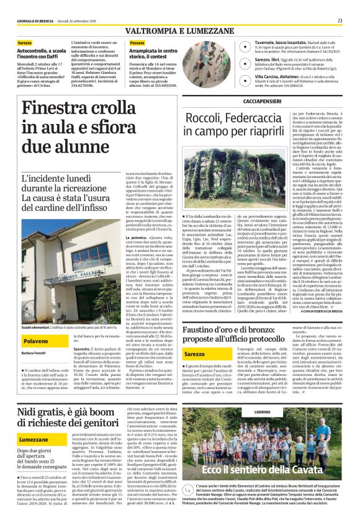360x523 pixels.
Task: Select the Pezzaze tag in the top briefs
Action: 137,42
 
